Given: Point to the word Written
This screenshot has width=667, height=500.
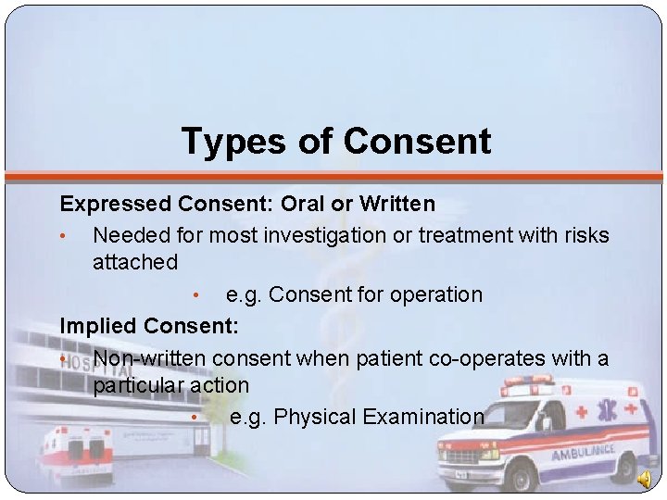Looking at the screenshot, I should point(396,203).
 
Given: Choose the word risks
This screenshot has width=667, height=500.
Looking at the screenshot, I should point(585,235).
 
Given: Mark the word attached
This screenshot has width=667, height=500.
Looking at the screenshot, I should point(135,263).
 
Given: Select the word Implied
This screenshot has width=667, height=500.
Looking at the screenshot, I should point(99,326).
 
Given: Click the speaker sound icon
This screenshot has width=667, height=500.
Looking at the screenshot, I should point(645,478).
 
